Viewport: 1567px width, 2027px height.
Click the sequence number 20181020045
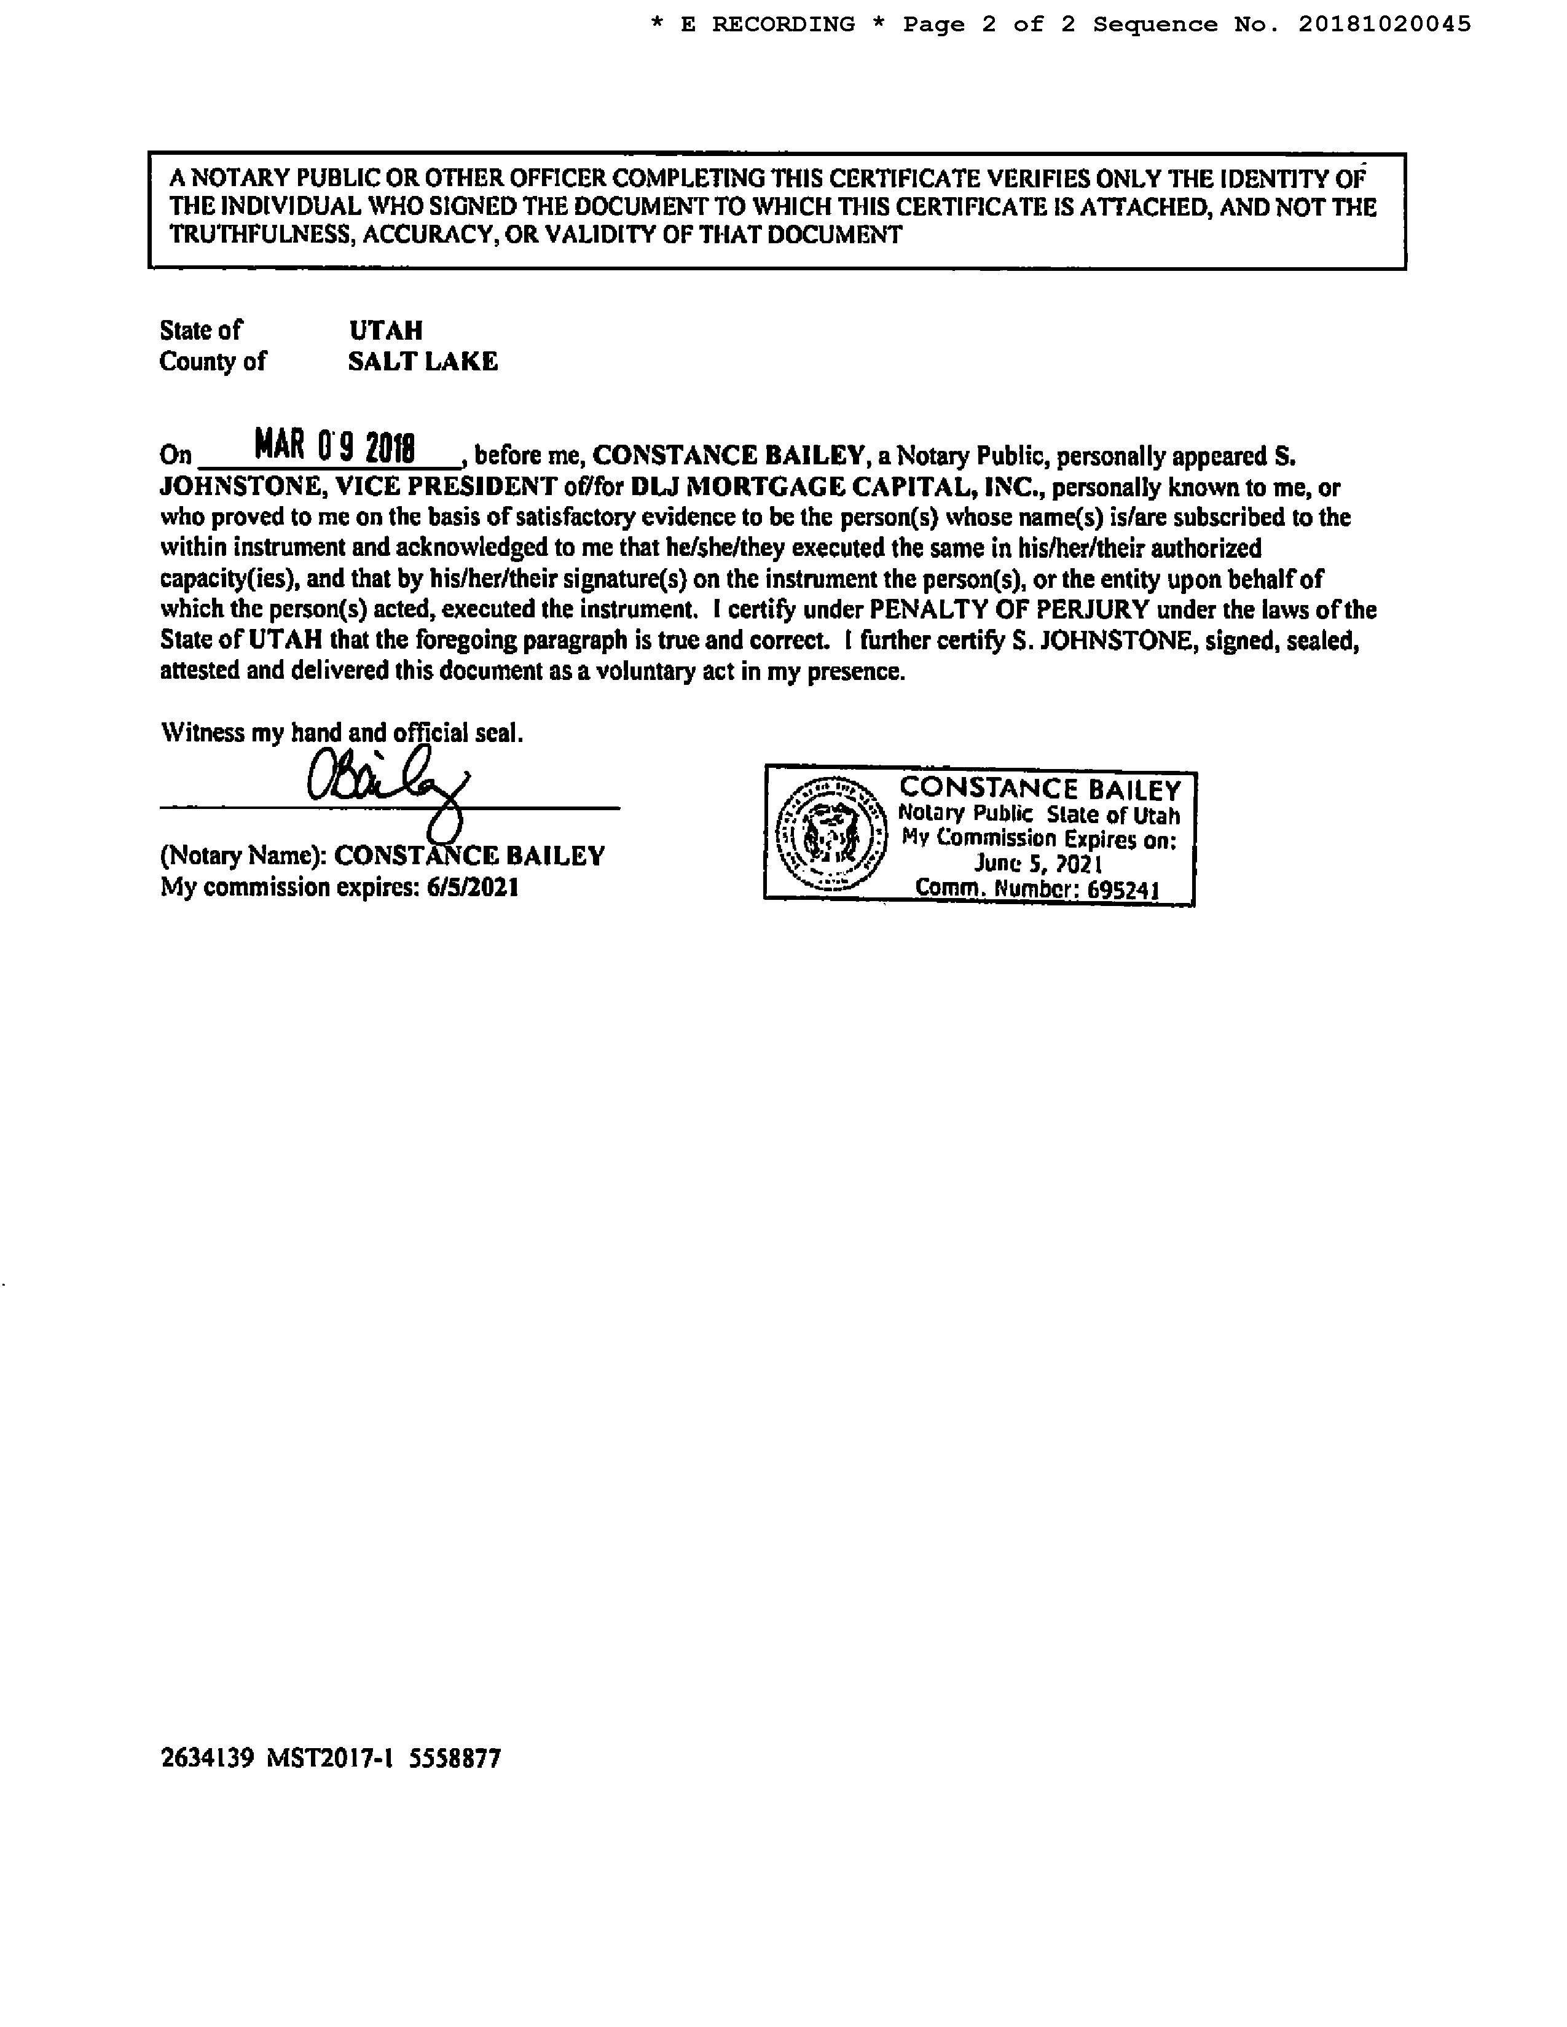(x=1384, y=25)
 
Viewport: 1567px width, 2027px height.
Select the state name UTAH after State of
(x=386, y=330)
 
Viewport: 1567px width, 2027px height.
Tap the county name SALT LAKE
(x=422, y=361)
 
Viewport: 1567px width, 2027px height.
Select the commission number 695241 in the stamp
(x=1123, y=889)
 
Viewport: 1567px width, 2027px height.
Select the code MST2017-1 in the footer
(x=329, y=1759)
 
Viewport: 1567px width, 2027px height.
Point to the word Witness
(x=202, y=733)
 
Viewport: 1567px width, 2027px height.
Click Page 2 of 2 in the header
(x=989, y=25)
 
